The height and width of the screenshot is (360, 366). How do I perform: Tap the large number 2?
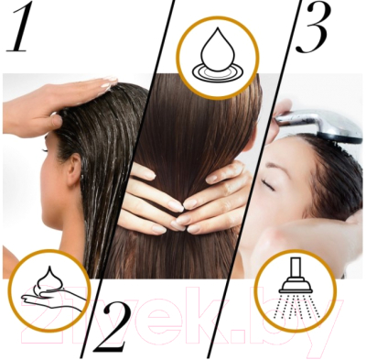(x=111, y=327)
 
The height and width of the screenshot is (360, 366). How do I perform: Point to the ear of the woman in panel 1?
(x=74, y=169)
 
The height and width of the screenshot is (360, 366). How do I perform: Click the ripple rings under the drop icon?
(x=218, y=73)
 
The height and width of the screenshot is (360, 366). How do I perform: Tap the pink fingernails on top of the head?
(x=109, y=82)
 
